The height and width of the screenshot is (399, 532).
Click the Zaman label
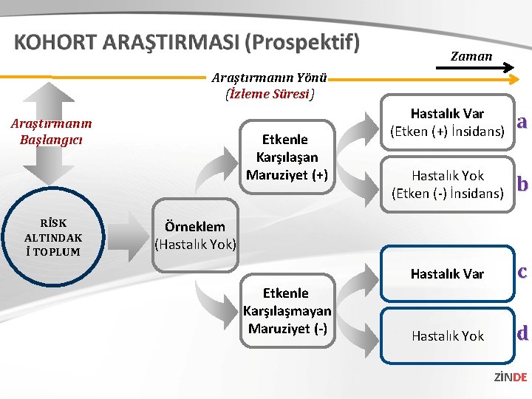(471, 56)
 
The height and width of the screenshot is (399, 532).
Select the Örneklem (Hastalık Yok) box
(196, 235)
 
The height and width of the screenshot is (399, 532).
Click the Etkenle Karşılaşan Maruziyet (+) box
(287, 157)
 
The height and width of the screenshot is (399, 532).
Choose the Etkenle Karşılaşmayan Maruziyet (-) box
(287, 310)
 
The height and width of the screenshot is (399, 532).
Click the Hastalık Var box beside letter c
(447, 274)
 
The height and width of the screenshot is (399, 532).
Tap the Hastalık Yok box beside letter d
(447, 335)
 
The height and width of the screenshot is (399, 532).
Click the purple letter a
(522, 122)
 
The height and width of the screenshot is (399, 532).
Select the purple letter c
(522, 272)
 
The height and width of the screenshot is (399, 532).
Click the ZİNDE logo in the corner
(510, 378)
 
